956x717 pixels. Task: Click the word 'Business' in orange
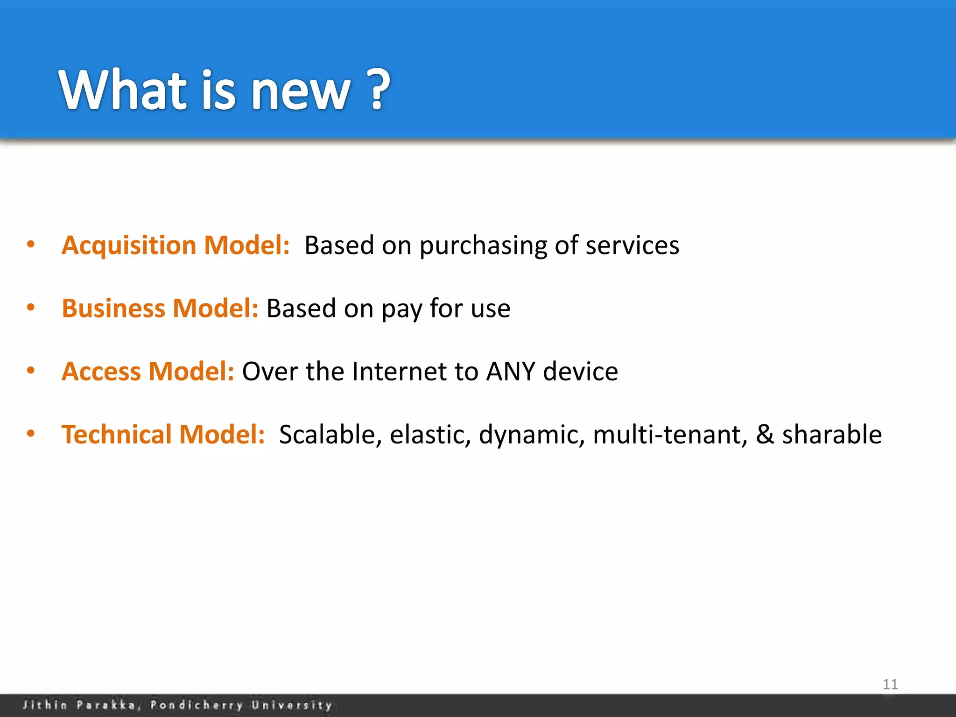113,309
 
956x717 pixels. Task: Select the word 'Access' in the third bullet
101,372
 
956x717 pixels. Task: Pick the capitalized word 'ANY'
511,372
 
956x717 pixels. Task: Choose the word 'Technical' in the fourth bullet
117,435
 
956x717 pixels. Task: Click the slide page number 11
890,684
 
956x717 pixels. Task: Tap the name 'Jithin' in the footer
45,705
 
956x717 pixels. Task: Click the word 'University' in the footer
292,705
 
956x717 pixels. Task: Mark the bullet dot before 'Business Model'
31,308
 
